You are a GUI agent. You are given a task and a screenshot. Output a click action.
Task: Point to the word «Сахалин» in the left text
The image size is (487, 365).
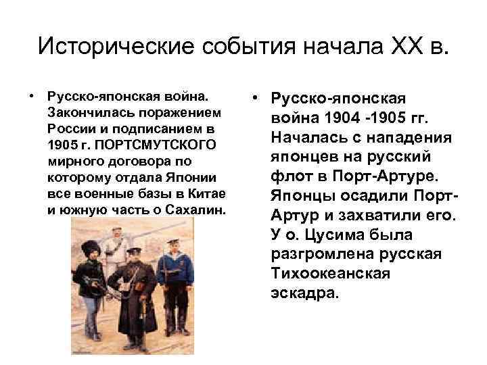click(200, 209)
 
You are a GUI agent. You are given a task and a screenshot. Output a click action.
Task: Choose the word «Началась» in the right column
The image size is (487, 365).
click(302, 138)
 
